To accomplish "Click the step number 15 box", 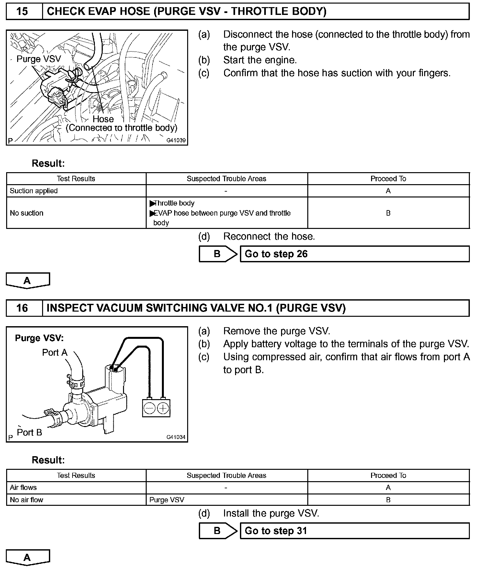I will (22, 12).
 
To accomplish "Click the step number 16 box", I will (22, 308).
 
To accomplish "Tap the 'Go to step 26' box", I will (354, 254).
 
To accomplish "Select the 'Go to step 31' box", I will (354, 531).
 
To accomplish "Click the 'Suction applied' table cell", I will (76, 191).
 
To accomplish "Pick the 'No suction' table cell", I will (76, 213).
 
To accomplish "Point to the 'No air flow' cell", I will (76, 500).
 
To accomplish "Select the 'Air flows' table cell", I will (76, 487).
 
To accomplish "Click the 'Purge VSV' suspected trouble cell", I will (227, 500).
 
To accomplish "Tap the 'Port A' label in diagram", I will (55, 353).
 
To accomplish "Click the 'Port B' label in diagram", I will (29, 433).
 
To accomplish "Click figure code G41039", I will (176, 141).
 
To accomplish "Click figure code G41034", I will (176, 437).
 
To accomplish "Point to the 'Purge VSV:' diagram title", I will (39, 338).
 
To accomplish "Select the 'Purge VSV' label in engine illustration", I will (39, 59).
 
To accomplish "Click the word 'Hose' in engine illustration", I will (103, 119).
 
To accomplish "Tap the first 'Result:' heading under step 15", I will (48, 163).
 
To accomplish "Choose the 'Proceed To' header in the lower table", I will (388, 475).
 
